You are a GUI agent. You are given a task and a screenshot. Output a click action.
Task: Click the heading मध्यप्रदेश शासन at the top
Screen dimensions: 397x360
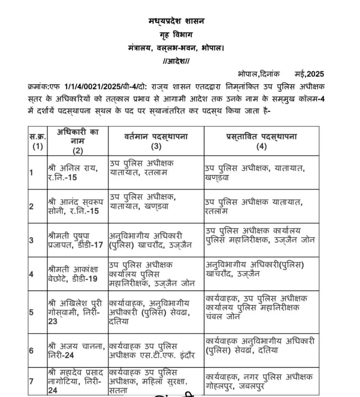[x=176, y=21]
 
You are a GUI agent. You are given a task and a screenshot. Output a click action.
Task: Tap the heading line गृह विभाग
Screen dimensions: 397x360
[x=176, y=35]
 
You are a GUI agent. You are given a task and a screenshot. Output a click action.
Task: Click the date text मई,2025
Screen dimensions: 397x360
[x=309, y=74]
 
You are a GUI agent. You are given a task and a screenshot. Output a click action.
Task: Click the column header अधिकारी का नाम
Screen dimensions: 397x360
[x=78, y=141]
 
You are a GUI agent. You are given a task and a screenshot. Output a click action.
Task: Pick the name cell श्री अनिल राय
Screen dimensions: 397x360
[x=73, y=173]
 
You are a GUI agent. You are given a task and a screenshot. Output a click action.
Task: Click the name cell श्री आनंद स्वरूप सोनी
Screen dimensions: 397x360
[x=75, y=206]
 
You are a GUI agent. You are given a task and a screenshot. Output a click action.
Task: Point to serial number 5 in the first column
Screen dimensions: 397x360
[x=31, y=312]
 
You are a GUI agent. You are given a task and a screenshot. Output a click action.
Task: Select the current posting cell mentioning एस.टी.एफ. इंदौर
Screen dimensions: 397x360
[x=152, y=350]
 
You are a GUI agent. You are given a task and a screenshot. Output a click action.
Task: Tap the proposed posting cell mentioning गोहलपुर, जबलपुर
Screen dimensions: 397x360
[x=259, y=381]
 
